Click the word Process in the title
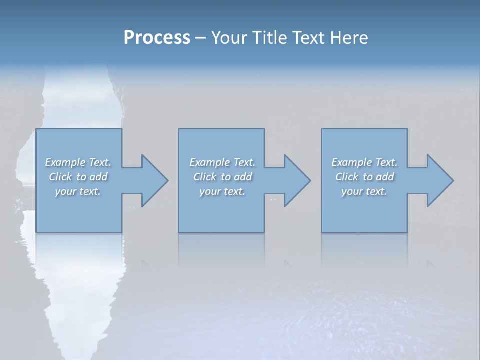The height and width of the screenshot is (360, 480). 157,38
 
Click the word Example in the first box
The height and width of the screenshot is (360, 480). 65,162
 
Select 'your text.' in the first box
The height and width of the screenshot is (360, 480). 78,191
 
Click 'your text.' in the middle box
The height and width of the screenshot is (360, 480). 222,191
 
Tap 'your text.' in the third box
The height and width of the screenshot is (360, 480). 364,191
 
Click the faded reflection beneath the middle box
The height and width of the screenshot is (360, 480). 221,250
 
